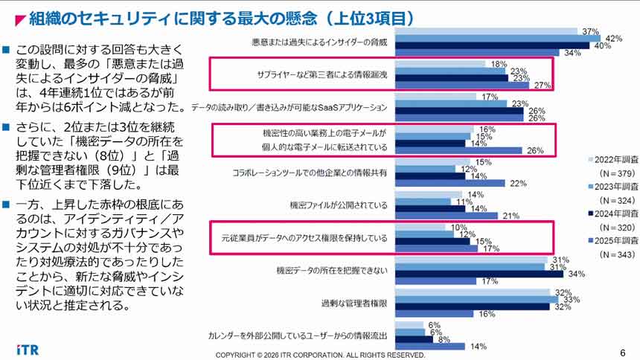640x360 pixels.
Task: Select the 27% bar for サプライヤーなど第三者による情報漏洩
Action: [x=464, y=86]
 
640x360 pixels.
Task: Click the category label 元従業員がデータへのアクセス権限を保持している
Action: [x=300, y=239]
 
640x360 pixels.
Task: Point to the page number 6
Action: [x=622, y=353]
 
